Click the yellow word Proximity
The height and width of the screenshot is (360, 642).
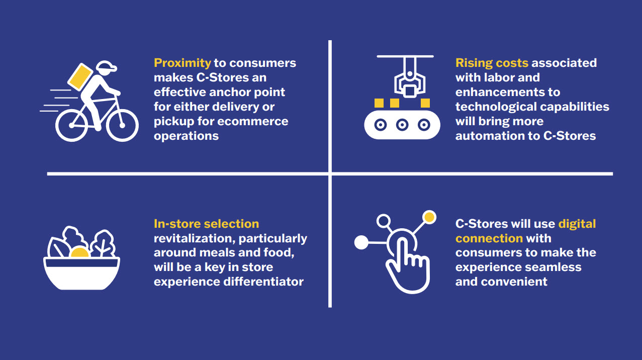pyautogui.click(x=182, y=63)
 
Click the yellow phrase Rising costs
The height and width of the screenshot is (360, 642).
pyautogui.click(x=492, y=63)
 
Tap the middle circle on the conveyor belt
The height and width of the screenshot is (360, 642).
pyautogui.click(x=401, y=124)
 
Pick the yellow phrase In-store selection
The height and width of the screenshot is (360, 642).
pyautogui.click(x=206, y=223)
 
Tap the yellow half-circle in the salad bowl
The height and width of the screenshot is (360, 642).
pyautogui.click(x=79, y=252)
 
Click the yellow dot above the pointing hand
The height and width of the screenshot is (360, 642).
pyautogui.click(x=429, y=218)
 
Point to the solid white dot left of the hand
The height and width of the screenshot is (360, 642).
pyautogui.click(x=361, y=243)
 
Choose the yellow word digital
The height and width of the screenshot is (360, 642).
pyautogui.click(x=577, y=223)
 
